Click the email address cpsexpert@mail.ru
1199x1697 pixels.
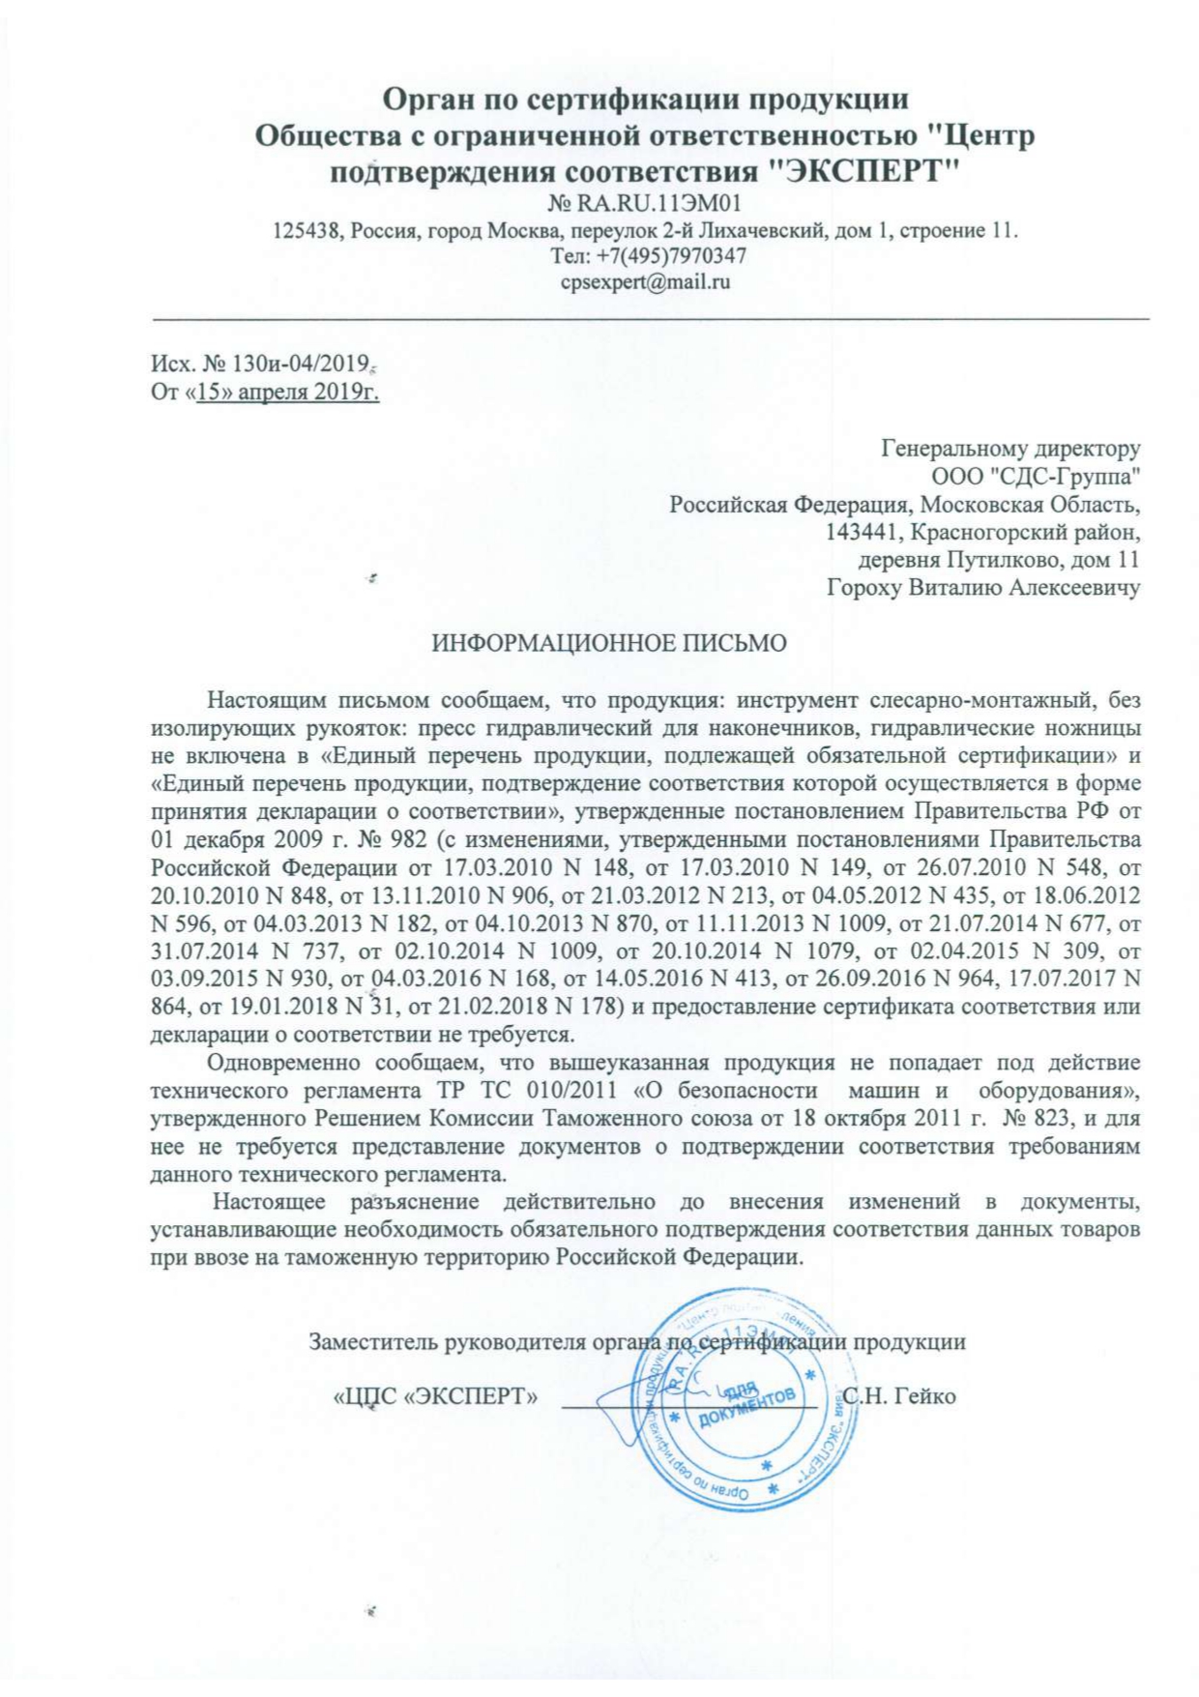tap(645, 282)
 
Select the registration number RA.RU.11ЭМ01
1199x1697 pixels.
tap(658, 204)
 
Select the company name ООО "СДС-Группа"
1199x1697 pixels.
tap(1036, 476)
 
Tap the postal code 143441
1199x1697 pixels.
tap(862, 532)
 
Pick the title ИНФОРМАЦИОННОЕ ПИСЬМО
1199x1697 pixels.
tap(609, 644)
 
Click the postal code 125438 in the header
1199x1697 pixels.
tap(307, 231)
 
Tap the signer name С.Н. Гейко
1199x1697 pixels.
tap(899, 1396)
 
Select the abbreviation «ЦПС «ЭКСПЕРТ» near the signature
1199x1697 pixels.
tap(435, 1397)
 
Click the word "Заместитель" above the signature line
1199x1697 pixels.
tap(373, 1341)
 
